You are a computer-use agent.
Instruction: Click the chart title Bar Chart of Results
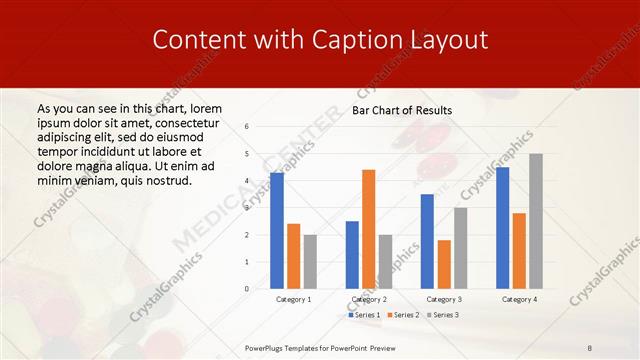[x=402, y=110]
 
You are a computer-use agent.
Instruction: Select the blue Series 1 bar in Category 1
[x=277, y=231]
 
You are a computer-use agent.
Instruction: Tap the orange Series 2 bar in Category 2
[x=368, y=229]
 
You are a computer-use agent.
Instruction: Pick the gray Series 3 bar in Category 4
[x=536, y=221]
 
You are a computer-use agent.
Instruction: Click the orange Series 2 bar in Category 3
[x=444, y=264]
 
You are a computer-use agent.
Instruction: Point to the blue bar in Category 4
[x=502, y=228]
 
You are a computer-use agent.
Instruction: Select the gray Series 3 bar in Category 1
[x=310, y=262]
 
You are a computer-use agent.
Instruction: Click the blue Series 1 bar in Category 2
[x=352, y=255]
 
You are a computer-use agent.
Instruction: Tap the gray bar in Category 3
[x=460, y=248]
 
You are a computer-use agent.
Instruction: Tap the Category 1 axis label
[x=293, y=299]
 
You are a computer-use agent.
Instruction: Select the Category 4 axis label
[x=519, y=299]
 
